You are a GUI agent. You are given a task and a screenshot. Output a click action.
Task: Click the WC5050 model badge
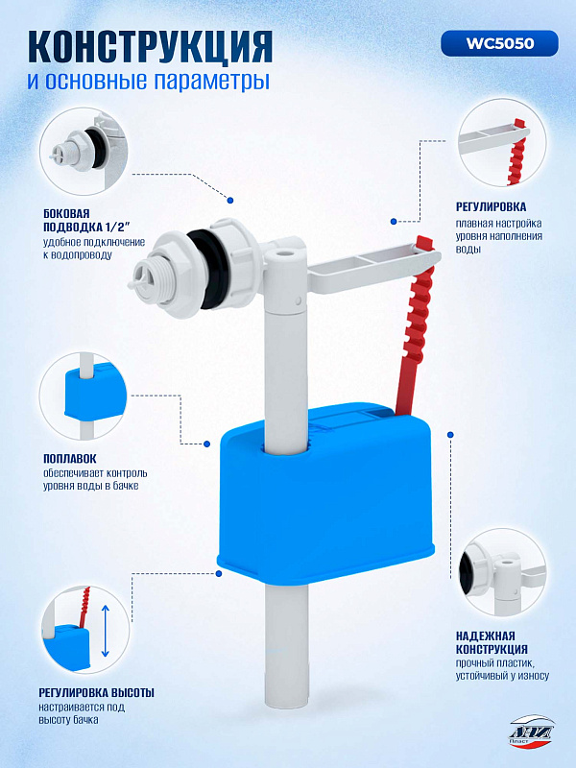coord(499,43)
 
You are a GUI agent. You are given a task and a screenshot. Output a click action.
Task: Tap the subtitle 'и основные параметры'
coord(149,81)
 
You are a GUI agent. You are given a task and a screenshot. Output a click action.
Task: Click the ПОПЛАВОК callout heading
coord(70,459)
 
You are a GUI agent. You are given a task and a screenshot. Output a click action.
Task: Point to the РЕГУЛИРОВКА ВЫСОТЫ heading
coord(97,692)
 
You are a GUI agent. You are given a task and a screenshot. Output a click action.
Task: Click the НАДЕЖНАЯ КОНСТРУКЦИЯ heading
coord(492,642)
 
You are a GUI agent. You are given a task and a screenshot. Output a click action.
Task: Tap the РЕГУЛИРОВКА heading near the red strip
coord(492,206)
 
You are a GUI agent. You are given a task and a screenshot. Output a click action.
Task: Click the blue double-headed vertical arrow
coord(106,631)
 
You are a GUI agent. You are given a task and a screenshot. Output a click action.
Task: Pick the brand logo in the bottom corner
coord(532,731)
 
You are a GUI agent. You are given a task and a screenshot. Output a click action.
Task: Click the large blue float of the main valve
coord(325,494)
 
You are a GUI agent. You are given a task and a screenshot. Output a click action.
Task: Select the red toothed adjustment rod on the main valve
coord(417,324)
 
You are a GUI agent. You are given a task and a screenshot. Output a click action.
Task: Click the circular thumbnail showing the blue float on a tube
coord(84,396)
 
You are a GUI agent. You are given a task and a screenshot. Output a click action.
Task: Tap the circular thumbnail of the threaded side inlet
coord(84,152)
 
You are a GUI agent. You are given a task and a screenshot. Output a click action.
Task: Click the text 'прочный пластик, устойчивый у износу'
coord(502,669)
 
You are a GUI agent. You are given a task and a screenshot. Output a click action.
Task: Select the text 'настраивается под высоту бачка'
coord(82,713)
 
